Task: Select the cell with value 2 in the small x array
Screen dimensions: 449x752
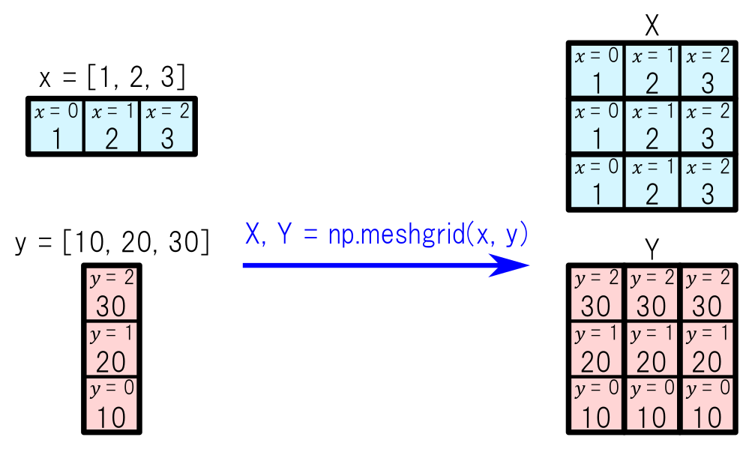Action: [x=112, y=126]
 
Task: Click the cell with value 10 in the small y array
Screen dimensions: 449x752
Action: [x=111, y=405]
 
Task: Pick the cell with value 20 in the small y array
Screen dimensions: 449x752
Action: [x=111, y=349]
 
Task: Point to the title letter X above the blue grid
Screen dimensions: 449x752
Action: [x=652, y=26]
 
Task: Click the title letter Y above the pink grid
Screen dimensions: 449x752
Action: [x=652, y=249]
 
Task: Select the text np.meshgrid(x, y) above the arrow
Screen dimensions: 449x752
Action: [x=427, y=235]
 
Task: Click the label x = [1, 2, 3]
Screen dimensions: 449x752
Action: [x=112, y=77]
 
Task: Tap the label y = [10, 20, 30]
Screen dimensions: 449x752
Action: [x=112, y=243]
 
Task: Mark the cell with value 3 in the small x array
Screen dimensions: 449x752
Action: [x=167, y=126]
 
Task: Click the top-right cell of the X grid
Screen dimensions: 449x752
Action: [x=707, y=70]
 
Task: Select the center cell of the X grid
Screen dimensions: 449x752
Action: [x=652, y=126]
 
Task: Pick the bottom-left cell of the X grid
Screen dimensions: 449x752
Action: [x=596, y=181]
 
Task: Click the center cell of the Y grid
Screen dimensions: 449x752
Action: [x=652, y=349]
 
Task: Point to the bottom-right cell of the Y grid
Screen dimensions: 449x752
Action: [x=707, y=405]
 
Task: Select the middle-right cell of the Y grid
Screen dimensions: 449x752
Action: [x=707, y=349]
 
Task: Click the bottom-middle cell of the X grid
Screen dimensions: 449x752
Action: [x=652, y=181]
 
